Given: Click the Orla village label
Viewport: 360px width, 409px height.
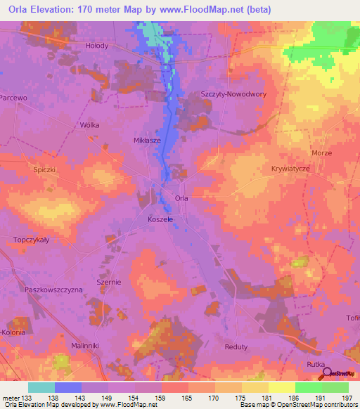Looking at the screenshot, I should click(181, 199).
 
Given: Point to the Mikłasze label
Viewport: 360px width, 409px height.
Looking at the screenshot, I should click(148, 140).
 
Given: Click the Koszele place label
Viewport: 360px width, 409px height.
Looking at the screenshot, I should click(160, 219).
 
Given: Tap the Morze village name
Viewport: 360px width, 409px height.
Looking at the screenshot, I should click(321, 152).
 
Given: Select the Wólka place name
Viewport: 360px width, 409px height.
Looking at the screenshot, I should click(89, 125).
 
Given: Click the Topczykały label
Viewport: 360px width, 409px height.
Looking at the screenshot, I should click(30, 240).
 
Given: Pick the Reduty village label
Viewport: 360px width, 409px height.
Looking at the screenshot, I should click(255, 346).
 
